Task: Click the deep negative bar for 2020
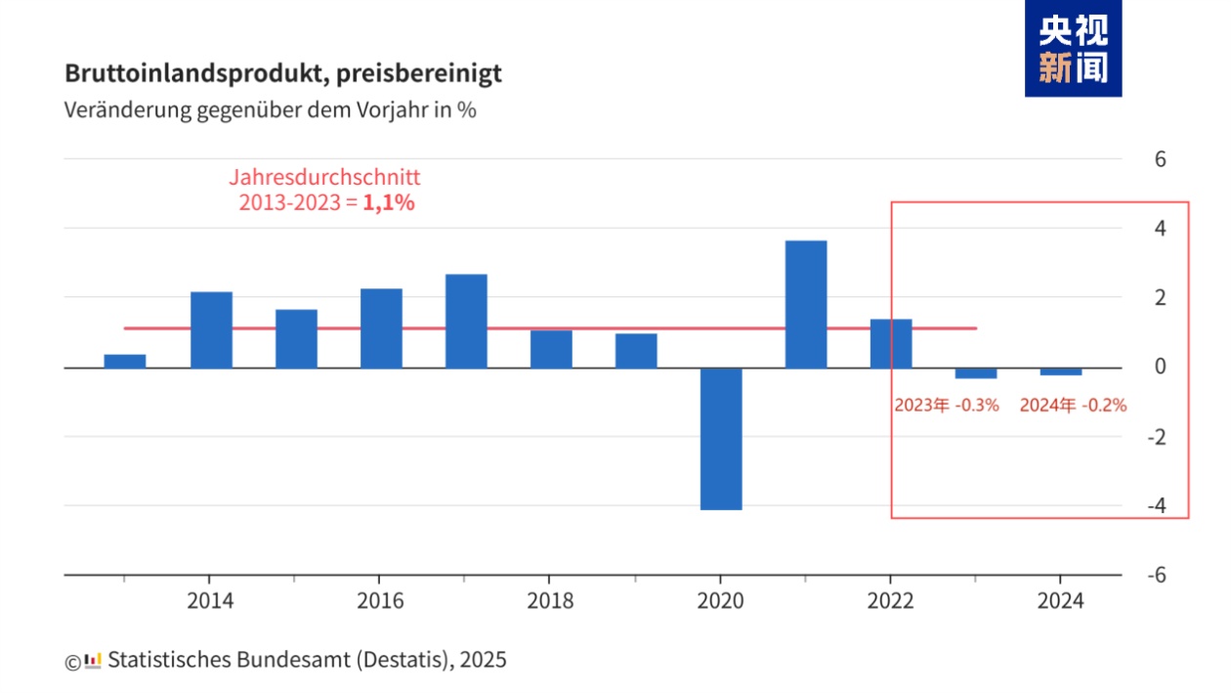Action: tap(720, 439)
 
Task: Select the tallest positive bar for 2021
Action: tap(805, 304)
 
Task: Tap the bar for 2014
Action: tap(211, 329)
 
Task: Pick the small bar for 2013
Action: tap(125, 361)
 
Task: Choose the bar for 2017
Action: tap(466, 321)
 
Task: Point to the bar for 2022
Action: tap(890, 343)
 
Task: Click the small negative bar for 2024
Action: tap(1060, 371)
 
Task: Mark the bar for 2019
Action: tap(636, 351)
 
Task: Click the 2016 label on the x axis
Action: tap(380, 600)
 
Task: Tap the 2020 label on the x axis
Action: tap(720, 600)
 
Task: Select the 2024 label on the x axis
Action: tap(1060, 600)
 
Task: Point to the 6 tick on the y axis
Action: tap(1161, 158)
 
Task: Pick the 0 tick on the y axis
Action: tap(1161, 367)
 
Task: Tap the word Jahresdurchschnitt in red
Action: tap(325, 178)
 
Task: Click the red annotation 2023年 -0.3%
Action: tap(946, 405)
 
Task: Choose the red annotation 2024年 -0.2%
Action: tap(1073, 405)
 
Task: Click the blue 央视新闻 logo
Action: tap(1073, 49)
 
